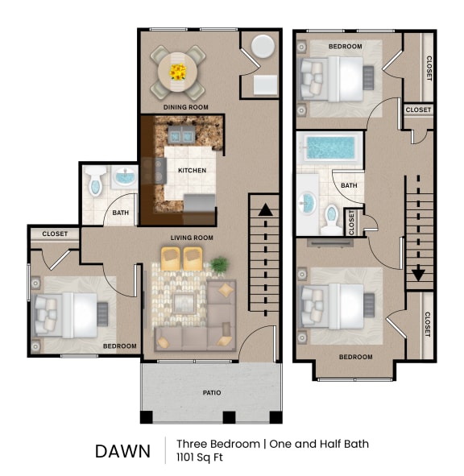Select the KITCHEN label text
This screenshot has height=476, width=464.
[x=192, y=171]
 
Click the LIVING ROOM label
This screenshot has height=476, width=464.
[x=192, y=238]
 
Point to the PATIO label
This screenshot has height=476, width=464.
[x=211, y=393]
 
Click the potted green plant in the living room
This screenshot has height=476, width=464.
[x=218, y=263]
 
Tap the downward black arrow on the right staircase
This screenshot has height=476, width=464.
[x=418, y=274]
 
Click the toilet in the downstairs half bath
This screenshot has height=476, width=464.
[x=93, y=184]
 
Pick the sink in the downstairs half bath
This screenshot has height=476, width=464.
[x=124, y=177]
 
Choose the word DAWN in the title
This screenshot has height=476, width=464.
[x=122, y=451]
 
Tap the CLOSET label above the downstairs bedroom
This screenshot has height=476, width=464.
[x=55, y=234]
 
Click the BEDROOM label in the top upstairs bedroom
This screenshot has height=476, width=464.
[x=345, y=47]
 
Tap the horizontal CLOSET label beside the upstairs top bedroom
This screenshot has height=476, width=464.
[x=418, y=110]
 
